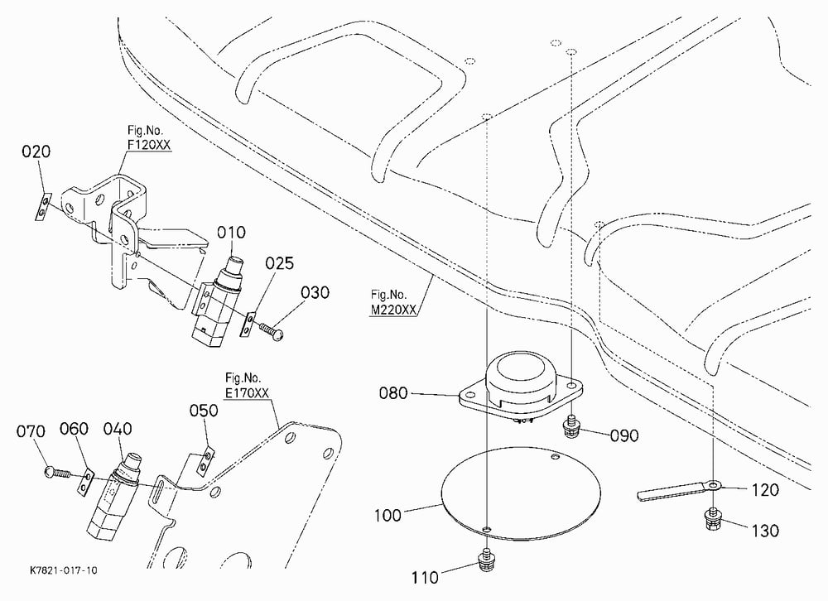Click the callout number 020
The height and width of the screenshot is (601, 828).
pos(36,151)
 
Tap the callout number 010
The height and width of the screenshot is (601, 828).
pos(232,233)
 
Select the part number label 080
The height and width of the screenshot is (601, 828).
pos(393,393)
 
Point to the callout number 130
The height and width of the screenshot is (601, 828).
pos(765,531)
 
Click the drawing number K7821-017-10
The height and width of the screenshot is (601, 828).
pos(64,570)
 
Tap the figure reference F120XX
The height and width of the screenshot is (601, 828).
pos(149,144)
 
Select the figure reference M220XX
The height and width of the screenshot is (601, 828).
pos(392,310)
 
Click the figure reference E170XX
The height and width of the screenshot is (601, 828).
pos(247,393)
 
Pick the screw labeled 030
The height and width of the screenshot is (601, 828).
pos(271,330)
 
